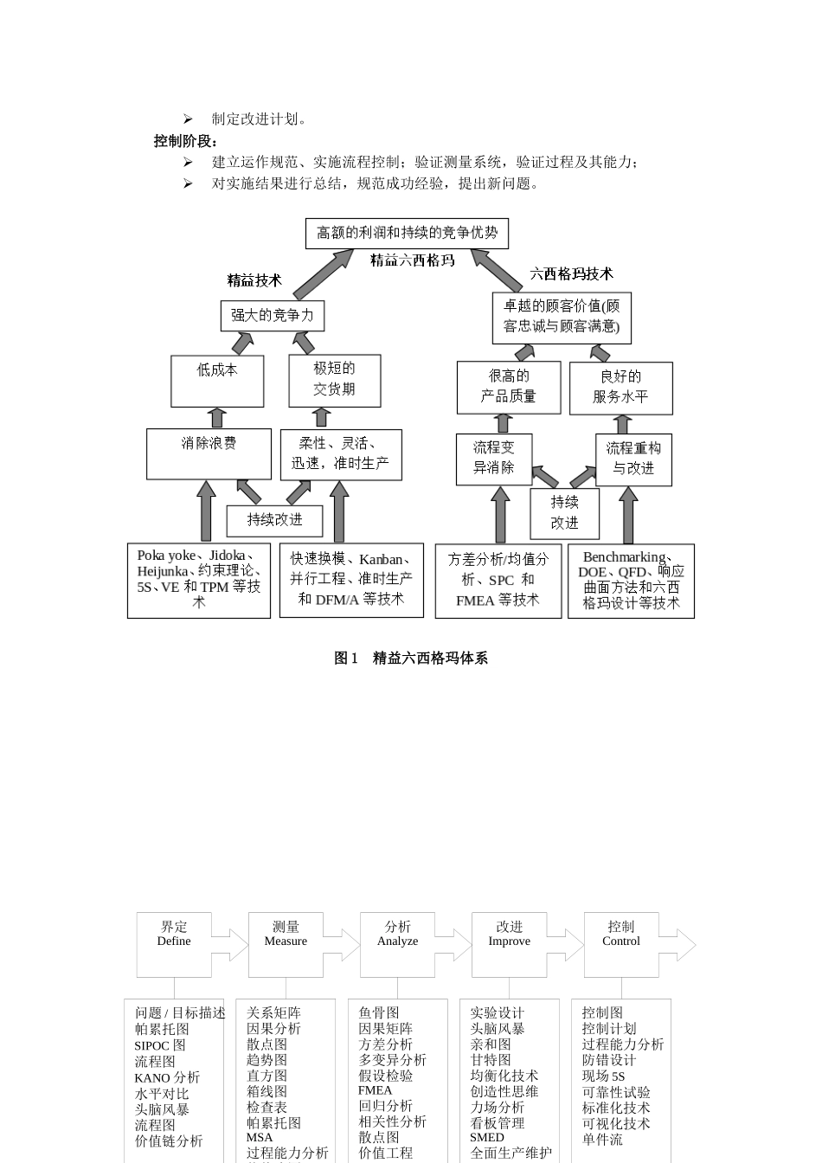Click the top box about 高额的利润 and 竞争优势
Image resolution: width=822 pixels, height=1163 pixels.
(407, 233)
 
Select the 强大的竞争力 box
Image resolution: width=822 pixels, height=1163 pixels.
(272, 316)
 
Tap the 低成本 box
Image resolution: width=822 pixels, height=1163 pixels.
(217, 380)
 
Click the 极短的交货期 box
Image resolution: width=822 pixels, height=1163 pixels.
(334, 380)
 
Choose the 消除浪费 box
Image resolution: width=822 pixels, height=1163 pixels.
(209, 453)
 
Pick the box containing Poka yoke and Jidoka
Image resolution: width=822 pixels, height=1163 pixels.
(198, 580)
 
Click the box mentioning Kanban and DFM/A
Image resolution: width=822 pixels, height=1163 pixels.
(351, 580)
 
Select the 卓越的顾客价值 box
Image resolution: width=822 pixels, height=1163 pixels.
(562, 317)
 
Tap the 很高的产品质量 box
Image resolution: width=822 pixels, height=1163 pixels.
(508, 387)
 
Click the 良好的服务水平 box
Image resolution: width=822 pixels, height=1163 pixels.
(620, 387)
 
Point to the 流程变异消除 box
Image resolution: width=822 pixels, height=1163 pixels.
(493, 458)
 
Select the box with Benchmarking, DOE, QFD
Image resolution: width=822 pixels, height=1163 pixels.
(631, 581)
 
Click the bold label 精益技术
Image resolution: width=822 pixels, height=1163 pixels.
(254, 280)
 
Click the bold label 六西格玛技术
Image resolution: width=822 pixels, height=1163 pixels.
(571, 274)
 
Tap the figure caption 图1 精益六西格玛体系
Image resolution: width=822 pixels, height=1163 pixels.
(411, 659)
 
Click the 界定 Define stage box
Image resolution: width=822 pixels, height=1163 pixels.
(174, 943)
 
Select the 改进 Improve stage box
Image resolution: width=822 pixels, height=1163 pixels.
(509, 943)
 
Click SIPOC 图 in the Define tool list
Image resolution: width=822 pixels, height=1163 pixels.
(160, 1045)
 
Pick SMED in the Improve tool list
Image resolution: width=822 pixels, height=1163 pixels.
(487, 1138)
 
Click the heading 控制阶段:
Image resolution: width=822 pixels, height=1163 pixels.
(186, 141)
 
